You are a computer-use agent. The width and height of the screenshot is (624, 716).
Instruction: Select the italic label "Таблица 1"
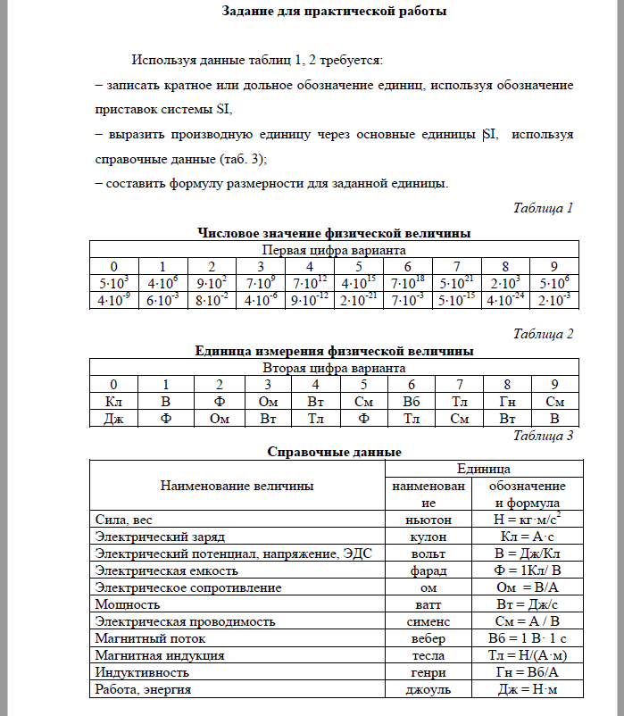pos(543,208)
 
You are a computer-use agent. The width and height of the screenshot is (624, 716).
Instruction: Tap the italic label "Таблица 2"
pos(543,334)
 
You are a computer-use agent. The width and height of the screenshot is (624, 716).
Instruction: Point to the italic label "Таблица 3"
pos(543,436)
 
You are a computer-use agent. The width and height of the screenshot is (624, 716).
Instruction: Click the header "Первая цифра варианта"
pos(334,250)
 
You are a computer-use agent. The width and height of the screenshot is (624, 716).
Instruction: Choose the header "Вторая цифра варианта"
pos(334,368)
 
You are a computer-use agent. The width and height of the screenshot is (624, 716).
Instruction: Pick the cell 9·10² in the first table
pos(212,283)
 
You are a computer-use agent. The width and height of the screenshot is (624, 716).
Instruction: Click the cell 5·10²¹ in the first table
pos(456,283)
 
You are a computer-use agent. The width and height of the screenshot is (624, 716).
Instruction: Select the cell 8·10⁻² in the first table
pos(212,300)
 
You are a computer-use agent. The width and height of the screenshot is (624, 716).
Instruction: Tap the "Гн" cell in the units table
pos(504,402)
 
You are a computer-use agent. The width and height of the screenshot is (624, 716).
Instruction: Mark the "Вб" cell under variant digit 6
pos(407,402)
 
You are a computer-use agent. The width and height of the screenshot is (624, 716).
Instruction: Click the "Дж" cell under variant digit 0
pos(113,418)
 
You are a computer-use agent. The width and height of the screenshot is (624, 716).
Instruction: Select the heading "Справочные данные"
pos(334,452)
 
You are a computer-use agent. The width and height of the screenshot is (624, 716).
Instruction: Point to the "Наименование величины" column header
pos(237,486)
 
